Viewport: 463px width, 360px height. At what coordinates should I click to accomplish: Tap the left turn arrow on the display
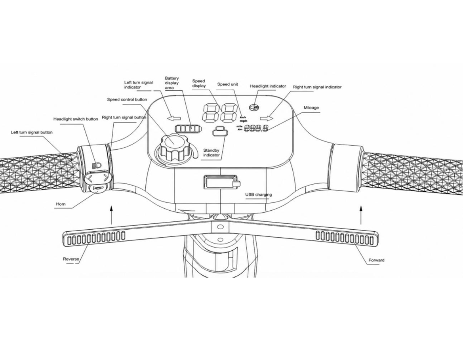tap(174, 118)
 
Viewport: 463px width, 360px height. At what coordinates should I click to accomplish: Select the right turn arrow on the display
tap(266, 118)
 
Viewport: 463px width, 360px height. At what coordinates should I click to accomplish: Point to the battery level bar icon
tap(187, 129)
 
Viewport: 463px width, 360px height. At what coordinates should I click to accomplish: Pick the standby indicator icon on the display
tap(220, 131)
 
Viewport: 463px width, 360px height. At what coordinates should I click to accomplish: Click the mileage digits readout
tap(256, 128)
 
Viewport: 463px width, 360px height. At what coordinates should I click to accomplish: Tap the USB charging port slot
tap(220, 182)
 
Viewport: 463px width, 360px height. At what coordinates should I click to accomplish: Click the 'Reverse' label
tap(71, 259)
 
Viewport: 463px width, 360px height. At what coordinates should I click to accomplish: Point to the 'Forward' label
tap(377, 260)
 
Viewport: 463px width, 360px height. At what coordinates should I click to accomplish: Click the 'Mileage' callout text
tap(311, 107)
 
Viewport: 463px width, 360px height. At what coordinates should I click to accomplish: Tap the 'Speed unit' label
tap(227, 84)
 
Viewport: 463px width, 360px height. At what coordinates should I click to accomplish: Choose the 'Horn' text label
tap(61, 204)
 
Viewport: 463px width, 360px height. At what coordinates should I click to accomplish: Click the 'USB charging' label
tap(259, 194)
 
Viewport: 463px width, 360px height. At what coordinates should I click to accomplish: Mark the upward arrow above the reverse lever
tap(111, 215)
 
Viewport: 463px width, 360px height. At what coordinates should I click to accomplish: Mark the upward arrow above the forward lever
tap(361, 215)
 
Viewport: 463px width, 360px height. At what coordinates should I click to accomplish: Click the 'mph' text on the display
tap(243, 121)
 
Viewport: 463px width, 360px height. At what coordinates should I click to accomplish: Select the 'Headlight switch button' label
tap(76, 119)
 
